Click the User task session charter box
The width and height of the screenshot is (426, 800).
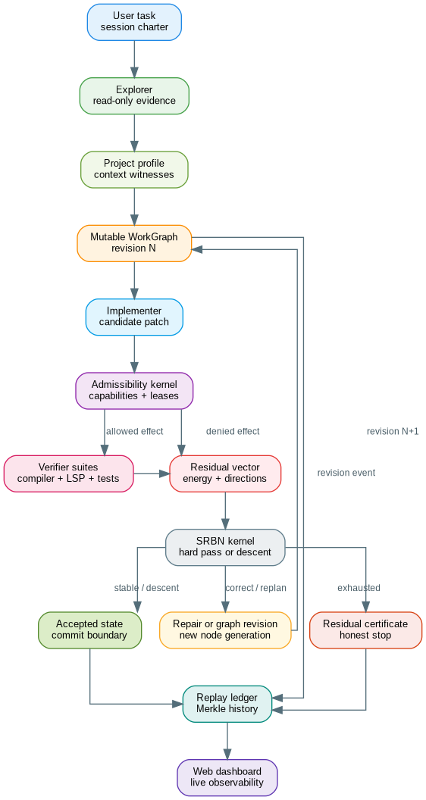134,22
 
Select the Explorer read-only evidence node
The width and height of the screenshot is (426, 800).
134,95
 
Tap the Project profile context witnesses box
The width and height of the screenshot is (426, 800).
134,170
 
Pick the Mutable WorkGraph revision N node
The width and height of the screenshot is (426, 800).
134,243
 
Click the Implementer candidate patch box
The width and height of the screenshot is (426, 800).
134,317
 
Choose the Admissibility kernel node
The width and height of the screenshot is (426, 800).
134,391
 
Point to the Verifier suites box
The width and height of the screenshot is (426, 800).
68,473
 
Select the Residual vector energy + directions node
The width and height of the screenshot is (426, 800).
224,473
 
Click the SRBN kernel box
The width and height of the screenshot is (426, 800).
225,547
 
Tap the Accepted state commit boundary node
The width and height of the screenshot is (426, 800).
90,630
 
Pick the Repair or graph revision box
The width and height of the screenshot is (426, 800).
225,630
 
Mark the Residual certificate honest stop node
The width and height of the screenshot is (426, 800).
365,630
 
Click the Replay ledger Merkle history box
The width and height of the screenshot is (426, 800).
227,704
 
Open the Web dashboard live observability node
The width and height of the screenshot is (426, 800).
227,777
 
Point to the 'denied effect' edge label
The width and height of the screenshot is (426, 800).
233,432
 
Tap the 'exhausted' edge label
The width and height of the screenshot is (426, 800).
359,589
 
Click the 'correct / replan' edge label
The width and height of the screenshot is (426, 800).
256,589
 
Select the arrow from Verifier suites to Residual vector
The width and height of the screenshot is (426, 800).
151,473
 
